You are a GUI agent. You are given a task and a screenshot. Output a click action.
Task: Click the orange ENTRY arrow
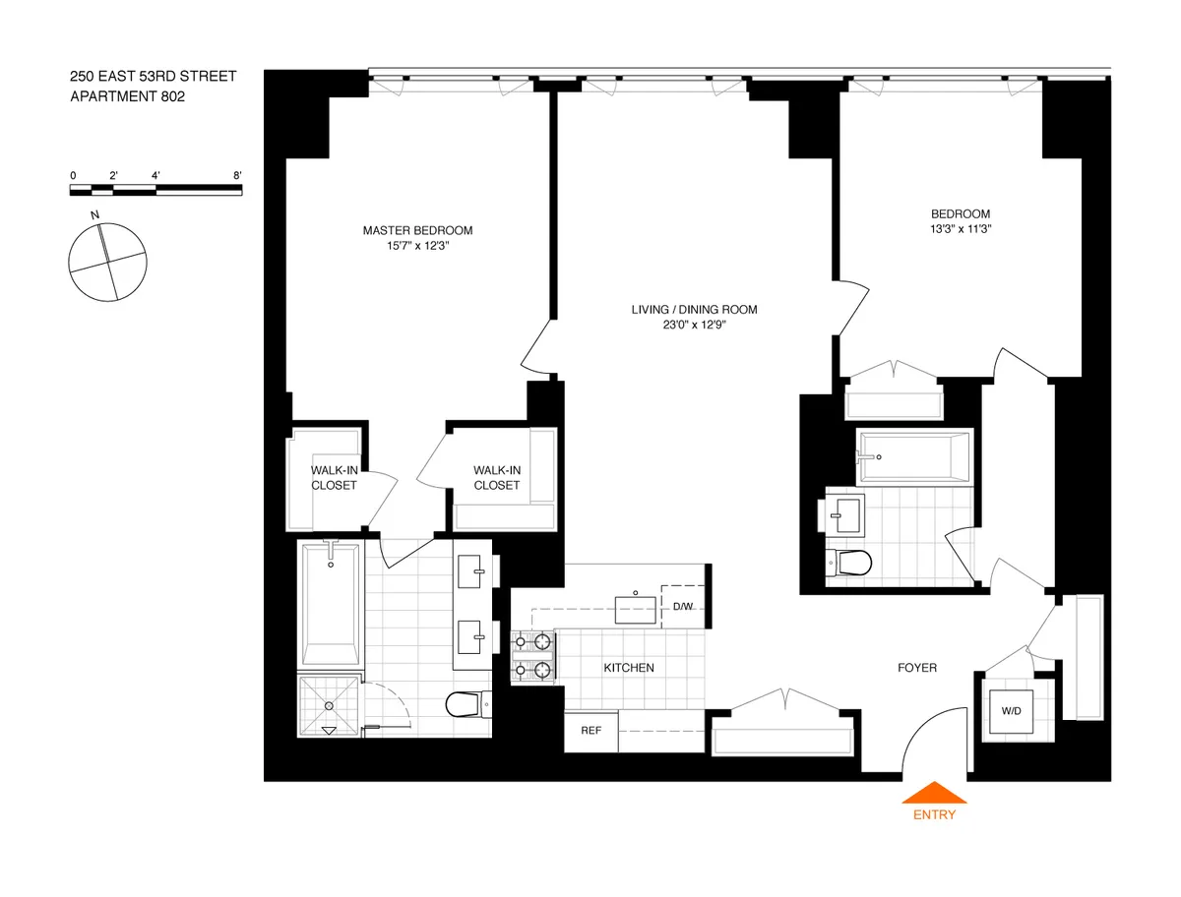934,794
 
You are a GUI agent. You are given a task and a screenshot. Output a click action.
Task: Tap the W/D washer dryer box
1011,710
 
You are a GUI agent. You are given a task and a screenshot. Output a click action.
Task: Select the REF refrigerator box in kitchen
590,731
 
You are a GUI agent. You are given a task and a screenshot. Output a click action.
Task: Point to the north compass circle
108,261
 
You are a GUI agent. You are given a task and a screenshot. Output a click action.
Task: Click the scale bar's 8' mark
237,175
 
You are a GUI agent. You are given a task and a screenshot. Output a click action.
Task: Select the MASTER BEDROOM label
417,230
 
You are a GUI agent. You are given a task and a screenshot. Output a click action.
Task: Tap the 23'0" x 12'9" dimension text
694,326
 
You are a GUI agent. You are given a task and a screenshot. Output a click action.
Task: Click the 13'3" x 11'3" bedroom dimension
961,230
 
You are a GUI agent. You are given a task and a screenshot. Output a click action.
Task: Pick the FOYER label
916,668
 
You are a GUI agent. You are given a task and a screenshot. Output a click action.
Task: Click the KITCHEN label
628,668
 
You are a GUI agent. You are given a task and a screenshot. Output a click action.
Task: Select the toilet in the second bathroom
851,563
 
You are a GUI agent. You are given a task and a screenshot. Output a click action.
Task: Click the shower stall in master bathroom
330,705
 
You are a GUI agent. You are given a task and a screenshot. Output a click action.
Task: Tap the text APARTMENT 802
127,96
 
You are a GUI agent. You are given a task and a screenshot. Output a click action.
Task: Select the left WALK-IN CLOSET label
334,477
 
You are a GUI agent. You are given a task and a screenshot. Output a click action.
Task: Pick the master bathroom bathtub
330,602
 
